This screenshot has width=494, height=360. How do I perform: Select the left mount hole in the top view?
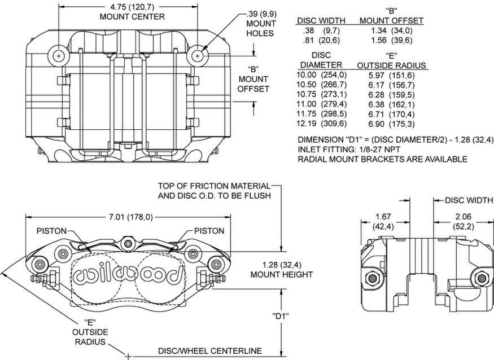[59, 56]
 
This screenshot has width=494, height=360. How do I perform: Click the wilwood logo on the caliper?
[129, 274]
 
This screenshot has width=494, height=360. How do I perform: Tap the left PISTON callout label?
[52, 231]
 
